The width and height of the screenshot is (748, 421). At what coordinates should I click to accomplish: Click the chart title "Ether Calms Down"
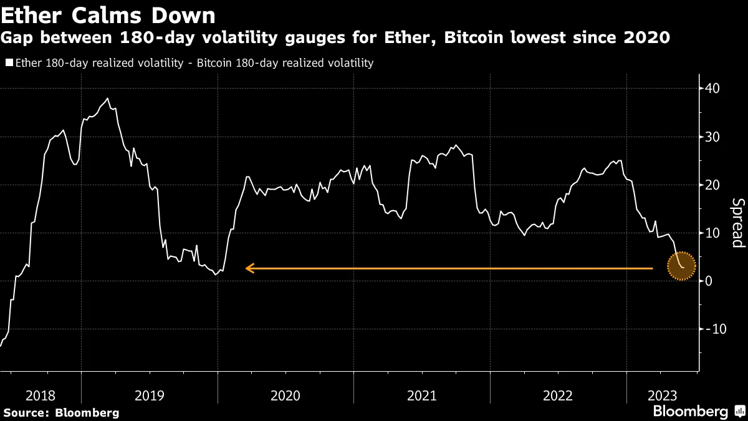[x=109, y=14]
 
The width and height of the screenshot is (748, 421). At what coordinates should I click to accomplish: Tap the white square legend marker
[x=9, y=63]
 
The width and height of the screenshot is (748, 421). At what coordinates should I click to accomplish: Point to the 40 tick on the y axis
[x=711, y=89]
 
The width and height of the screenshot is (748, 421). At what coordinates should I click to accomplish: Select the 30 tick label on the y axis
[x=711, y=137]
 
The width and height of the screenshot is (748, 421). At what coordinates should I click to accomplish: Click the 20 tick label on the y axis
[x=711, y=185]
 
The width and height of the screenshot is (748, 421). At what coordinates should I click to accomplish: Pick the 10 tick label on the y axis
[x=711, y=233]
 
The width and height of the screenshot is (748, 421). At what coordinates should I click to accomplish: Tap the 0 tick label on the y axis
[x=708, y=281]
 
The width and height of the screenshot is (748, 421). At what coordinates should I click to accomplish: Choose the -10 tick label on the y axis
[x=714, y=329]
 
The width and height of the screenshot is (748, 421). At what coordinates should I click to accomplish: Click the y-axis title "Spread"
[x=737, y=223]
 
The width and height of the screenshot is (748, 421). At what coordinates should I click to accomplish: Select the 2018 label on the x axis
[x=41, y=395]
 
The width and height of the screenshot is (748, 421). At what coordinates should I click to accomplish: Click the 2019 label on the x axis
[x=150, y=395]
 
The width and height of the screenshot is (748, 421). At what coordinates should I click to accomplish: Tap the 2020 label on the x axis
[x=285, y=395]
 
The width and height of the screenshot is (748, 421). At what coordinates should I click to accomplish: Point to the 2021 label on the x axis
[x=422, y=395]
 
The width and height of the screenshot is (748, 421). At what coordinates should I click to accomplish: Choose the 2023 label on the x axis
[x=661, y=395]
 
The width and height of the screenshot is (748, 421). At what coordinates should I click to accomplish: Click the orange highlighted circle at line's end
[x=681, y=266]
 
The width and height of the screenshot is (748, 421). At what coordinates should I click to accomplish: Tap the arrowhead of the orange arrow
[x=249, y=268]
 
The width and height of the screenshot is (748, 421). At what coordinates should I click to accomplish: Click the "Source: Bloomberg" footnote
[x=61, y=412]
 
